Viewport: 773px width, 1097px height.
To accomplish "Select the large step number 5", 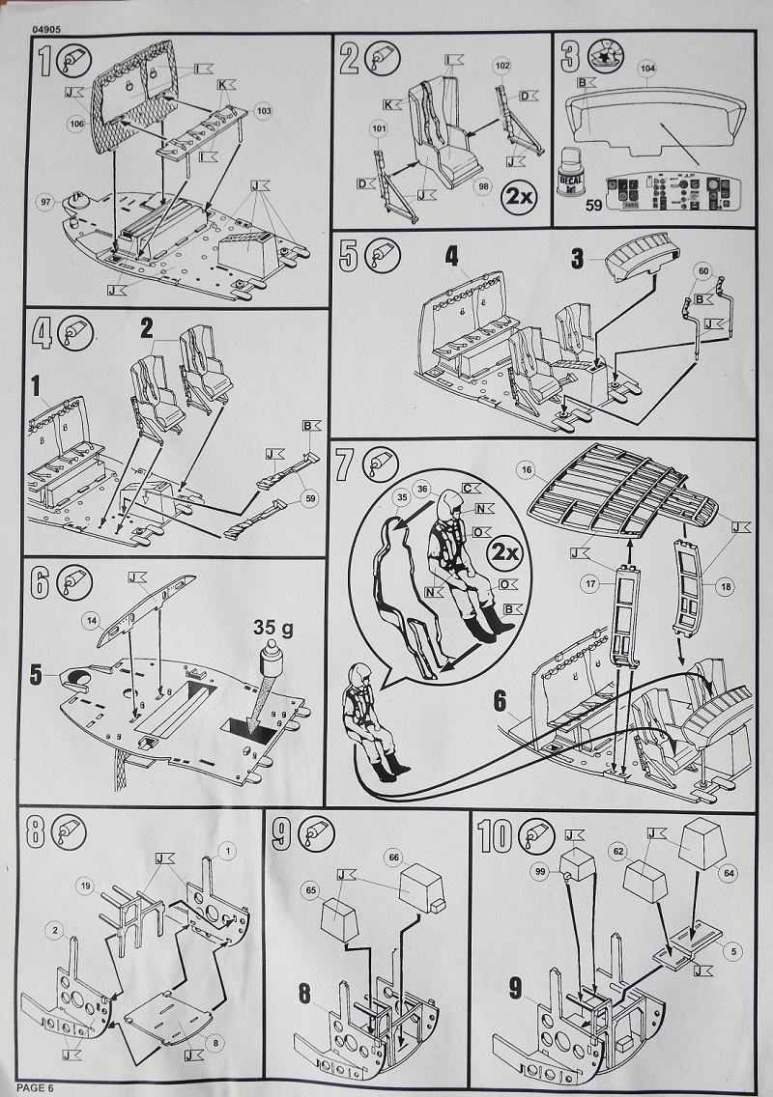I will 350,257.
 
